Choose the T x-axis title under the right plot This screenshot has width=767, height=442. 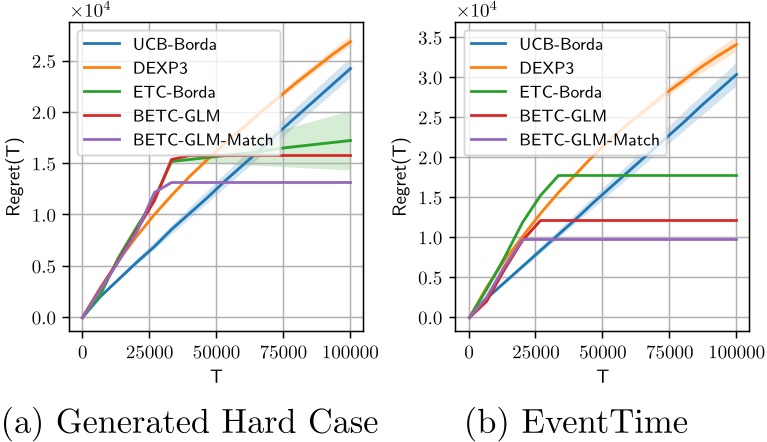pyautogui.click(x=602, y=376)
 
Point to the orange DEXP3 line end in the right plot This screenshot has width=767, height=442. pyautogui.click(x=736, y=44)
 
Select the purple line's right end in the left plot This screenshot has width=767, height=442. pyautogui.click(x=350, y=183)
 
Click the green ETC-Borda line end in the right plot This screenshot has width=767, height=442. pyautogui.click(x=736, y=176)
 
